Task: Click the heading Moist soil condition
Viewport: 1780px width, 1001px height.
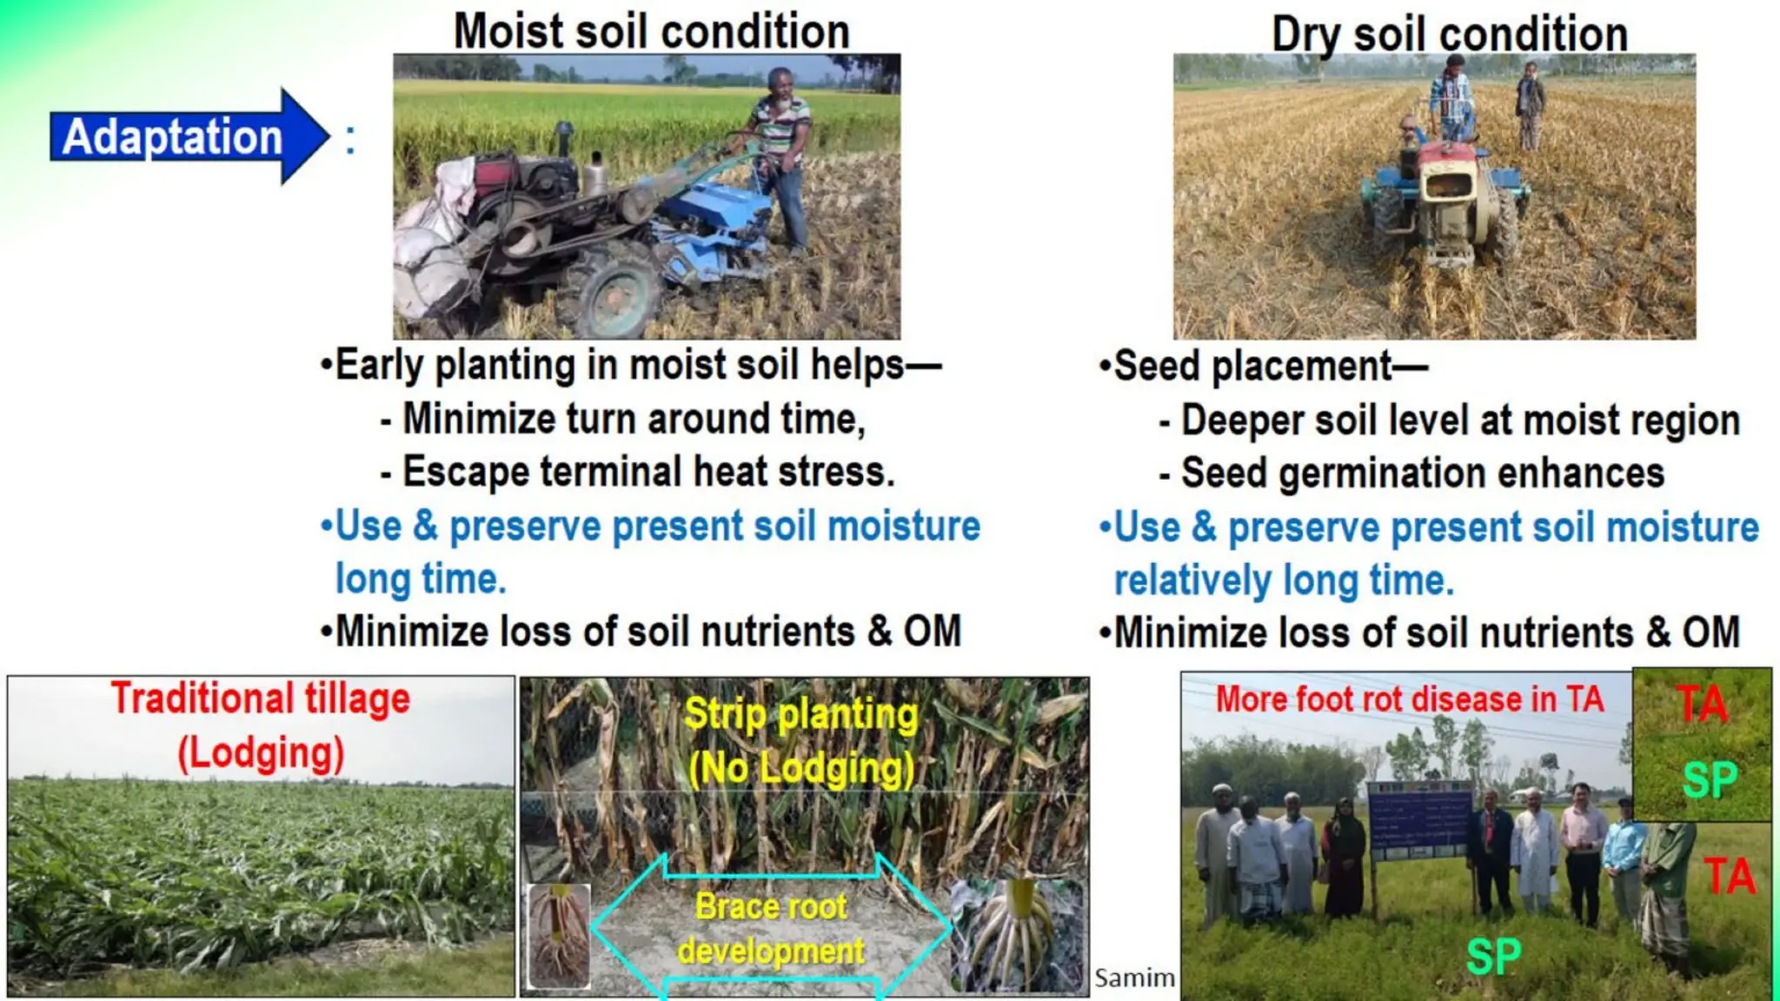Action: (x=651, y=32)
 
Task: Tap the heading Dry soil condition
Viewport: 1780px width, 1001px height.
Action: (x=1449, y=35)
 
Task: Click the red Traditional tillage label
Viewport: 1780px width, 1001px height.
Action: (x=260, y=699)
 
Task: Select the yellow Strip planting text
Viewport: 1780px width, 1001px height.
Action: (x=800, y=715)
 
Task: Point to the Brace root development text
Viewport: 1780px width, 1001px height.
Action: (x=771, y=929)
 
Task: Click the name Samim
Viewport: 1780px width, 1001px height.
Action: (x=1134, y=978)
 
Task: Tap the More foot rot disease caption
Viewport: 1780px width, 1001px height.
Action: (x=1409, y=699)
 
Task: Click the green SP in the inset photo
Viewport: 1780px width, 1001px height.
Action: (x=1709, y=779)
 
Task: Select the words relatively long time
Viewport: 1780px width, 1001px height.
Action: (x=1284, y=580)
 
